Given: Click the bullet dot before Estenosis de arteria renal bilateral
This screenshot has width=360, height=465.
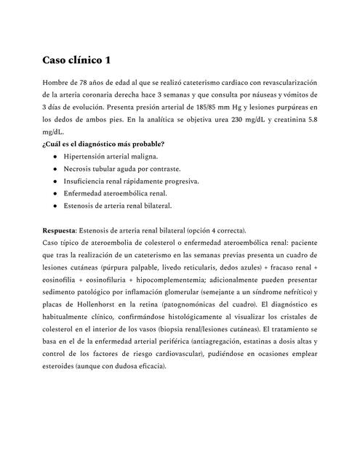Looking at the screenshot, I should point(55,206).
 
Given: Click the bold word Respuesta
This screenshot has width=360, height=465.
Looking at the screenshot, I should point(59,230).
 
